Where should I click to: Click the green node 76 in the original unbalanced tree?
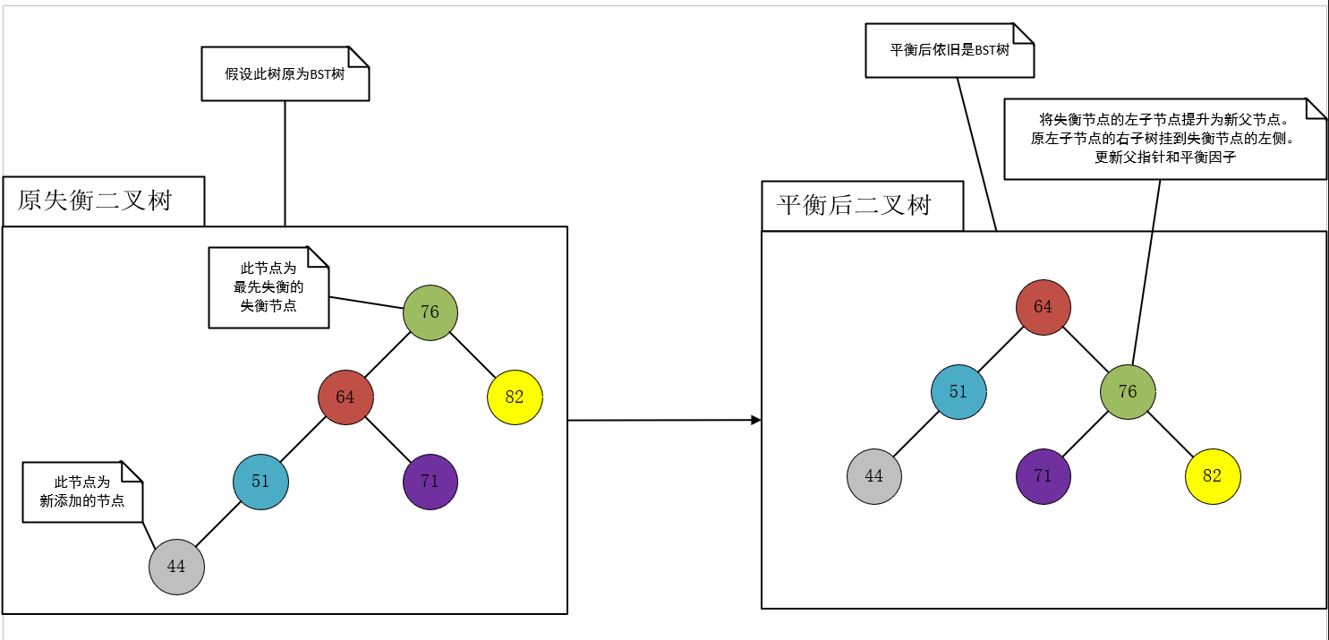(x=430, y=312)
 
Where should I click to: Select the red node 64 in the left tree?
(x=345, y=397)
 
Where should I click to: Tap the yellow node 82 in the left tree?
(x=515, y=397)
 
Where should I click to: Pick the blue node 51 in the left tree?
(x=260, y=482)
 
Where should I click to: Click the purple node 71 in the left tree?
(x=430, y=482)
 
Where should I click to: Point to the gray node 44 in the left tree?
(x=176, y=567)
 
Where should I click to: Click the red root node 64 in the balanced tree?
(x=1044, y=307)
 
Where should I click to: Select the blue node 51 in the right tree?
(x=958, y=392)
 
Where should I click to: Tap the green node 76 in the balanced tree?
(x=1128, y=392)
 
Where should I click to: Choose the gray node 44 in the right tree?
(x=874, y=476)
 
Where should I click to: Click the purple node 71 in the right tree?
(x=1044, y=476)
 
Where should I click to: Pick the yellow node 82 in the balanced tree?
(x=1213, y=476)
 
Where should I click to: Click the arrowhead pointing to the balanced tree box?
(x=756, y=420)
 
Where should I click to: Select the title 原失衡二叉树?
(x=95, y=201)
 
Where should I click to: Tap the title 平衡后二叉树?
(x=854, y=205)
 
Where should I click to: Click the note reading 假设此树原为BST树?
(x=285, y=74)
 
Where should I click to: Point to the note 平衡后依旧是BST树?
(x=950, y=50)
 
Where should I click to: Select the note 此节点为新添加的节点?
(x=81, y=492)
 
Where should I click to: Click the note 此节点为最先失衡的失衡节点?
(x=268, y=287)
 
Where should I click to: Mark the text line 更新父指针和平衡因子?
(x=1164, y=157)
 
